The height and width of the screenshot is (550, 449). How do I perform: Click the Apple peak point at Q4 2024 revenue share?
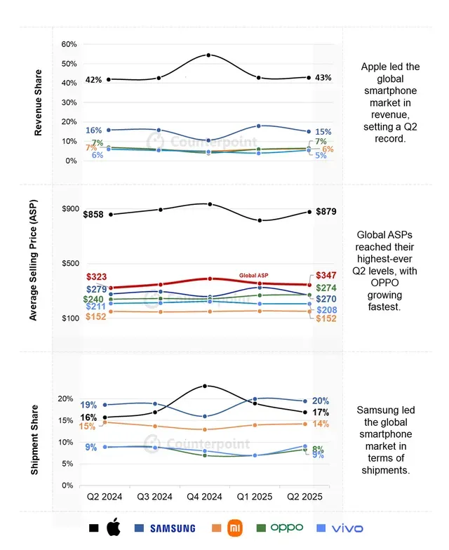(x=209, y=55)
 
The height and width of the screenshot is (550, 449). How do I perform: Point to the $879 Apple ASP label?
(x=326, y=211)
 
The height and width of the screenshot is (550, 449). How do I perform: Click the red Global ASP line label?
(x=254, y=276)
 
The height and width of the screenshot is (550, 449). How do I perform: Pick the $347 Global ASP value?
(x=326, y=275)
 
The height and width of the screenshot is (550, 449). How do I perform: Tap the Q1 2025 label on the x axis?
(x=257, y=496)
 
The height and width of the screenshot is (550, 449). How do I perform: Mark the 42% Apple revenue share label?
(x=93, y=80)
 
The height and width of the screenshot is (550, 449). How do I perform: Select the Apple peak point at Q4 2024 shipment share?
(x=205, y=386)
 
